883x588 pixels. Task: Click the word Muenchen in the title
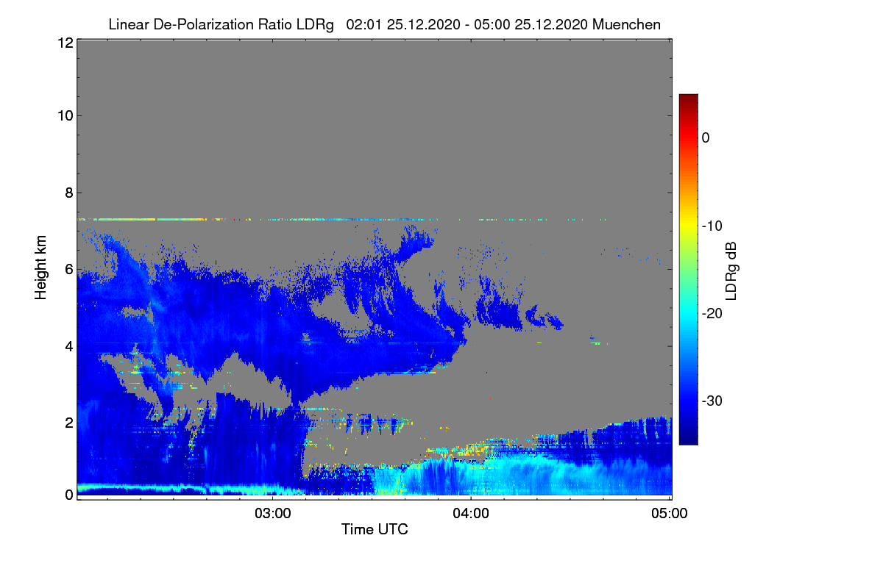(x=626, y=24)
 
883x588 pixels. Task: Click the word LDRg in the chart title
(x=315, y=25)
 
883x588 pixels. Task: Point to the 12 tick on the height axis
(x=65, y=43)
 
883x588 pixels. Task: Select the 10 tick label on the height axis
(x=65, y=115)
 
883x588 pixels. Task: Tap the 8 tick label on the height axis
(x=69, y=193)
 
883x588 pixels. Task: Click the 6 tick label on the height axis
(x=69, y=270)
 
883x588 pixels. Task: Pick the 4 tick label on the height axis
(x=69, y=347)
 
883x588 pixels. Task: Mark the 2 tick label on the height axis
(x=69, y=423)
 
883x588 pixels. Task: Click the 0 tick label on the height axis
(x=69, y=495)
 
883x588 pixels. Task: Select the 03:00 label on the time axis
(x=272, y=513)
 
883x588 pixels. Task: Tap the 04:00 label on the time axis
(x=471, y=513)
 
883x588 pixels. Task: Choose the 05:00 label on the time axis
(x=670, y=513)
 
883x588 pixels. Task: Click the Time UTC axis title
(x=375, y=529)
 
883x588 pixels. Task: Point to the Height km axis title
(x=40, y=268)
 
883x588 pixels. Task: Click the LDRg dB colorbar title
(x=731, y=271)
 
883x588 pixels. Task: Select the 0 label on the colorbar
(x=706, y=137)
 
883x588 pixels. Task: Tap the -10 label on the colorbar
(x=712, y=226)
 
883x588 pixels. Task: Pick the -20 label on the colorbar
(x=712, y=314)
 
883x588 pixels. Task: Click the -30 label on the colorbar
(x=712, y=401)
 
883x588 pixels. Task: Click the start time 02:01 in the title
(x=364, y=24)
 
